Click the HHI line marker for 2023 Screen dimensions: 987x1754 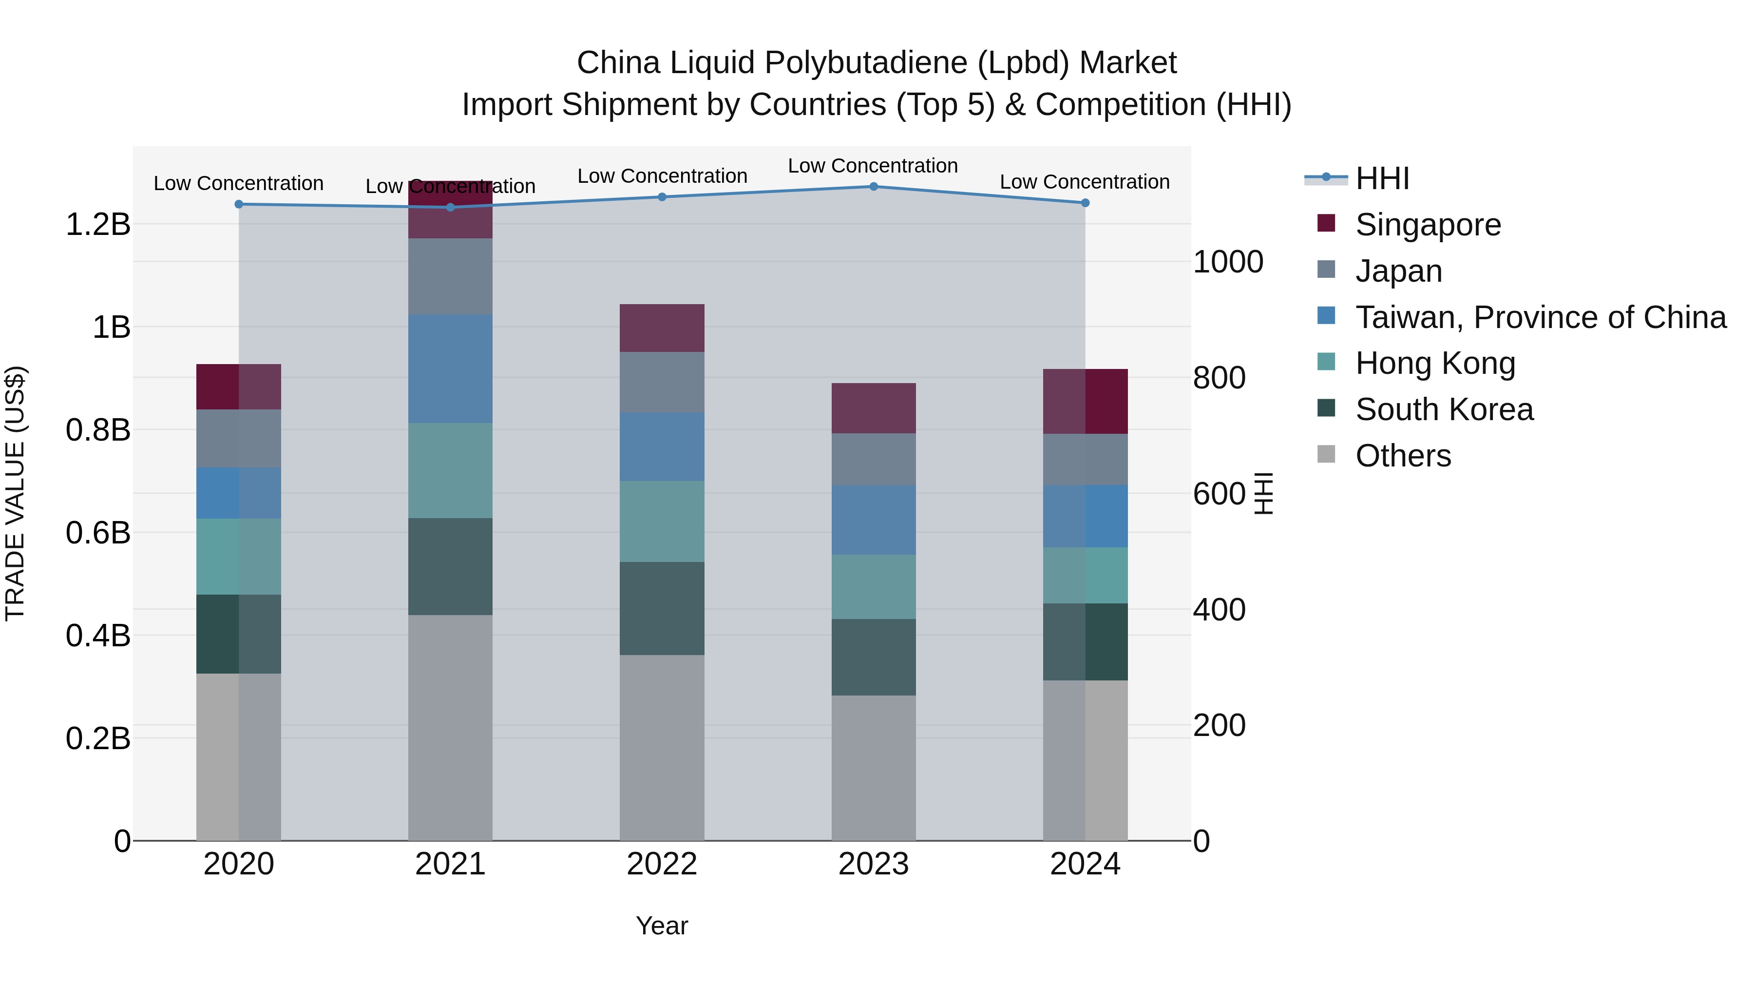(x=874, y=186)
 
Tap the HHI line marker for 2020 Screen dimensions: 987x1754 (x=238, y=204)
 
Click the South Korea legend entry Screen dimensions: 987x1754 (x=1444, y=409)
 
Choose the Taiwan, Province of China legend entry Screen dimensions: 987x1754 (x=1540, y=317)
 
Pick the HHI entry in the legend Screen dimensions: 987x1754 (x=1382, y=178)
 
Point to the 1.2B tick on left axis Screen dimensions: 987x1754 (x=97, y=225)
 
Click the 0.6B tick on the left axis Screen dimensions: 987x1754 (x=97, y=533)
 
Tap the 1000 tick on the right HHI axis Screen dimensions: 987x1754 (x=1228, y=262)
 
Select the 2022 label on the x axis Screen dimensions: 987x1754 (x=661, y=864)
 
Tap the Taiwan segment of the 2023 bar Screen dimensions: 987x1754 (x=874, y=519)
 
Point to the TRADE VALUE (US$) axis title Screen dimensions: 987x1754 (x=15, y=493)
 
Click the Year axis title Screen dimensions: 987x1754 (x=661, y=926)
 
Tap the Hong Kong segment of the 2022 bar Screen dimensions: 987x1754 (x=661, y=521)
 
